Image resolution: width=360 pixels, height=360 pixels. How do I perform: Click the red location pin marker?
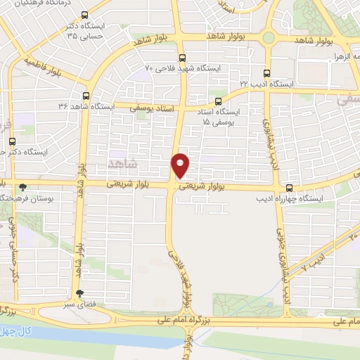pyautogui.click(x=181, y=165)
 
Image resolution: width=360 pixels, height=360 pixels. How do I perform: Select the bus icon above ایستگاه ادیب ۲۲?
pyautogui.click(x=266, y=72)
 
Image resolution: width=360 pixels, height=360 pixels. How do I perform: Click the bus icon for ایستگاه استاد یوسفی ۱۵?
pyautogui.click(x=218, y=101)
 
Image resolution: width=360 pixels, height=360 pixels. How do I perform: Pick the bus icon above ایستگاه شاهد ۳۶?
pyautogui.click(x=86, y=96)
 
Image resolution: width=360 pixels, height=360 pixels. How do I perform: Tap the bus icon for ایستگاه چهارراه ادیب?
pyautogui.click(x=290, y=187)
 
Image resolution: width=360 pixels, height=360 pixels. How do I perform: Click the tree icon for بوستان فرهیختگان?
pyautogui.click(x=23, y=187)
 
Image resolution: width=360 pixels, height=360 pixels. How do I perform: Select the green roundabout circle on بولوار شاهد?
pyautogui.click(x=269, y=37)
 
